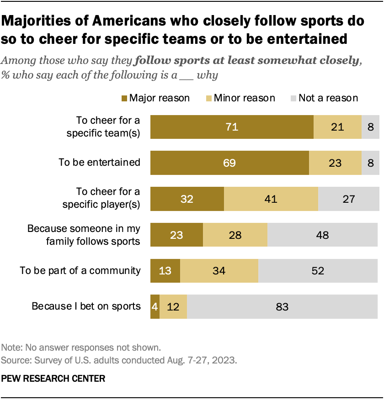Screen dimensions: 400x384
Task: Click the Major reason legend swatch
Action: (x=124, y=98)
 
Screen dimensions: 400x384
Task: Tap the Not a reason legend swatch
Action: (x=293, y=98)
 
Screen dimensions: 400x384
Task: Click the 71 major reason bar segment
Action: (x=232, y=127)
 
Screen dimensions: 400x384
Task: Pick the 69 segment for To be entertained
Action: (x=229, y=163)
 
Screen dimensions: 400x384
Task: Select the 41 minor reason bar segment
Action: (x=271, y=199)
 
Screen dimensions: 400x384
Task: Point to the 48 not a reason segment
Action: (x=322, y=235)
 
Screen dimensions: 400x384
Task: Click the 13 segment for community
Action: (x=165, y=270)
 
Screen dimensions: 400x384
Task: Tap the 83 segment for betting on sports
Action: (x=282, y=306)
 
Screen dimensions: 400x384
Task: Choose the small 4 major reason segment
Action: (x=155, y=306)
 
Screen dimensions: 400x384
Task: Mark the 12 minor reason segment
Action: (x=173, y=306)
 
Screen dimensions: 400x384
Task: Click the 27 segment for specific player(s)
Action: (x=348, y=199)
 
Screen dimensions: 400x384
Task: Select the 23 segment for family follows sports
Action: (x=176, y=235)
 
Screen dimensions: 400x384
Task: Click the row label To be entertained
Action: (x=99, y=162)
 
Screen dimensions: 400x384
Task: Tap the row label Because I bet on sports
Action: (x=86, y=306)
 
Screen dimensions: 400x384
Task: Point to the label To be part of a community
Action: (x=80, y=270)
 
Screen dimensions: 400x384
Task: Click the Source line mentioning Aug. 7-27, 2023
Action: (x=119, y=360)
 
